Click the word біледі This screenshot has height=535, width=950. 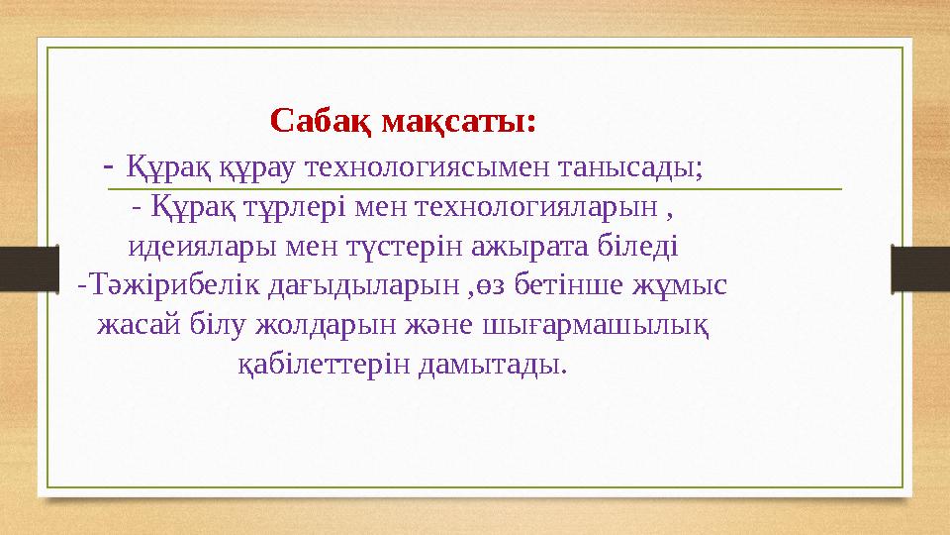pyautogui.click(x=628, y=245)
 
